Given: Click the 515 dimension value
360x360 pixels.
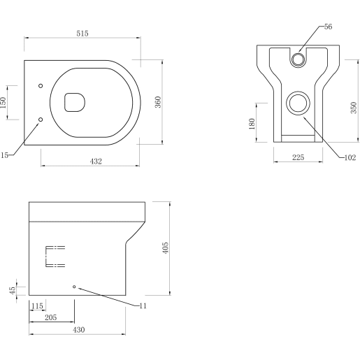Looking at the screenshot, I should pos(84,34).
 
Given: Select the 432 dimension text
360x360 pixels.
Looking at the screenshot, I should pos(96,161).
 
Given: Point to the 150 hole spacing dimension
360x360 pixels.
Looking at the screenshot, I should pos(3,103).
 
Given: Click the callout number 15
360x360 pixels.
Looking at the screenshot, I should pos(3,156).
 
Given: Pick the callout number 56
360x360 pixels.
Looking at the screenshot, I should pos(329,27).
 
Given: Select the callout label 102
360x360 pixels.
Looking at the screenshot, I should pos(350,157).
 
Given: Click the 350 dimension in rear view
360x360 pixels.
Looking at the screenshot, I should pos(354,108).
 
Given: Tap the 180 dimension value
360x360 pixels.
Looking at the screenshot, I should pos(252,124).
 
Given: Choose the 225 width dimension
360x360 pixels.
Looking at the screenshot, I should pos(297,158).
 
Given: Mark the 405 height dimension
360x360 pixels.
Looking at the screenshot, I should pos(166,248).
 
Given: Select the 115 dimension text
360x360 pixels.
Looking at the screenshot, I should pos(38,306).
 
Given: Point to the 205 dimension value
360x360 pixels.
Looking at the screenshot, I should pos(50,317).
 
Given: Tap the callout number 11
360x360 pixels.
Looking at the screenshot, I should pos(144,305).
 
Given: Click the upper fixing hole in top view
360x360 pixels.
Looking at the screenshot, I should pos(41,85).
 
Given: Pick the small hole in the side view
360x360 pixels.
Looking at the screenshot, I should pos(75,287).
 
